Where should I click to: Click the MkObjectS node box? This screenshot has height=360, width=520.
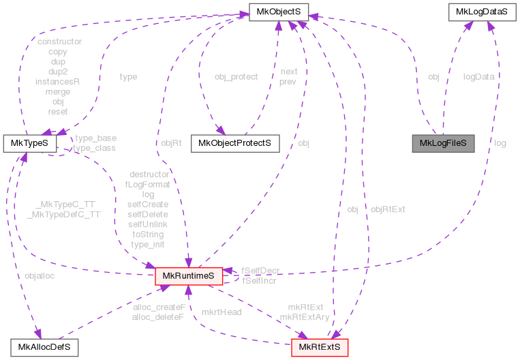279,11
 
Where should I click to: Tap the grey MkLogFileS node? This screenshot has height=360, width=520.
442,143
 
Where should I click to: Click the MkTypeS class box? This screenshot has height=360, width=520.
24,143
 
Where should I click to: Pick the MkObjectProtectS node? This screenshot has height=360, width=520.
235,143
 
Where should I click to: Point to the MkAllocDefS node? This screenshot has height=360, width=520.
44,348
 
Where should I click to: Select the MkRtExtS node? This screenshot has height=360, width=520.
320,348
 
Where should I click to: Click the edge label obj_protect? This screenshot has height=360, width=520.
236,77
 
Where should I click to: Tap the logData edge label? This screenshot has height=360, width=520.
478,77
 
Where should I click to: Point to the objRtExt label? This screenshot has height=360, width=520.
388,209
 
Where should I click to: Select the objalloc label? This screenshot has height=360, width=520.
39,275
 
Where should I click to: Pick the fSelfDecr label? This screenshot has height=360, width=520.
260,271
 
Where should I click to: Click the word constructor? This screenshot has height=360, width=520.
59,42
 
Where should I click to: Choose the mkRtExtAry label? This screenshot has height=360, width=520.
304,316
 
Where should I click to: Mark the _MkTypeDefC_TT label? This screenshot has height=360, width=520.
63,214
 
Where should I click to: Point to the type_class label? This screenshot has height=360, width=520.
95,147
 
